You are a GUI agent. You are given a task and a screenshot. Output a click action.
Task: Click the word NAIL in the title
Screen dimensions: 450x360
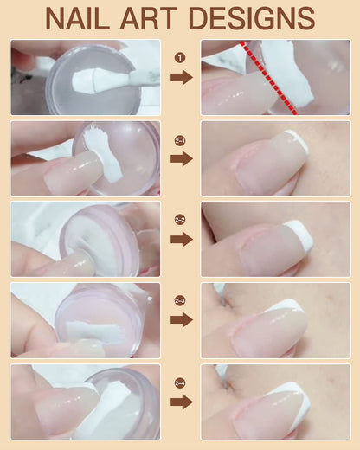pyautogui.click(x=87, y=18)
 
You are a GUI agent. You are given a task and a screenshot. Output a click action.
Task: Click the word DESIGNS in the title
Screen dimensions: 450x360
pyautogui.click(x=267, y=18)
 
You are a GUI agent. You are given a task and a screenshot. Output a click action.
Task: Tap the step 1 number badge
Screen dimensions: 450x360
pyautogui.click(x=181, y=58)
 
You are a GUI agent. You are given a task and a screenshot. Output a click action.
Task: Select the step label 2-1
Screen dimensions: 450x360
pyautogui.click(x=181, y=138)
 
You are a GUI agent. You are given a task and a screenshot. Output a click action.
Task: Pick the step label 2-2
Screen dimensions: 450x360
pyautogui.click(x=181, y=220)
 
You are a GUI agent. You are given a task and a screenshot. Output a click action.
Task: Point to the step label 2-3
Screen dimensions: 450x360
pyautogui.click(x=181, y=300)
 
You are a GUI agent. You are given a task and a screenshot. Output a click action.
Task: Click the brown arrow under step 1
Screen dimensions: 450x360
pyautogui.click(x=181, y=78)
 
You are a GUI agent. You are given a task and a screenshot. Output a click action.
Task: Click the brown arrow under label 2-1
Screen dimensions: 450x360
pyautogui.click(x=181, y=159)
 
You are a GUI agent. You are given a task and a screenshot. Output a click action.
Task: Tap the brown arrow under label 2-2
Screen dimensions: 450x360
pyautogui.click(x=181, y=240)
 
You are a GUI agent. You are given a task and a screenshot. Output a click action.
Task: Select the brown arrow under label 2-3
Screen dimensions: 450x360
pyautogui.click(x=181, y=320)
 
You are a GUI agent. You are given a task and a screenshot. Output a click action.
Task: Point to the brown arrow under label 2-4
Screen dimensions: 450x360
pyautogui.click(x=181, y=402)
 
